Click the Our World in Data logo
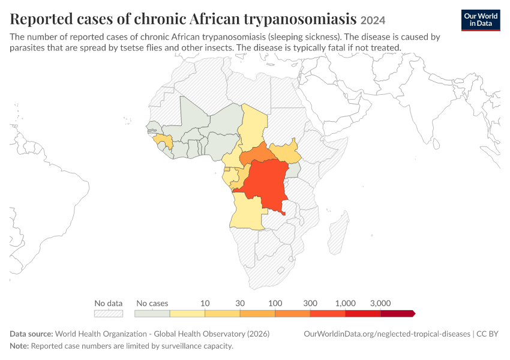tap(481, 20)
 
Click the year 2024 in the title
tap(373, 20)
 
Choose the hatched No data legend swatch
tap(109, 313)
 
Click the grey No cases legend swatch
tap(152, 313)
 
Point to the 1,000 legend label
tap(346, 303)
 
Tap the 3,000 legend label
tap(380, 303)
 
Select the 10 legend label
tap(205, 303)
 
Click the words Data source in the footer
tap(31, 334)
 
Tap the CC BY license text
tap(487, 334)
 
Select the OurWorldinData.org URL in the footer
tap(387, 334)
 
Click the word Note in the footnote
tap(19, 346)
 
